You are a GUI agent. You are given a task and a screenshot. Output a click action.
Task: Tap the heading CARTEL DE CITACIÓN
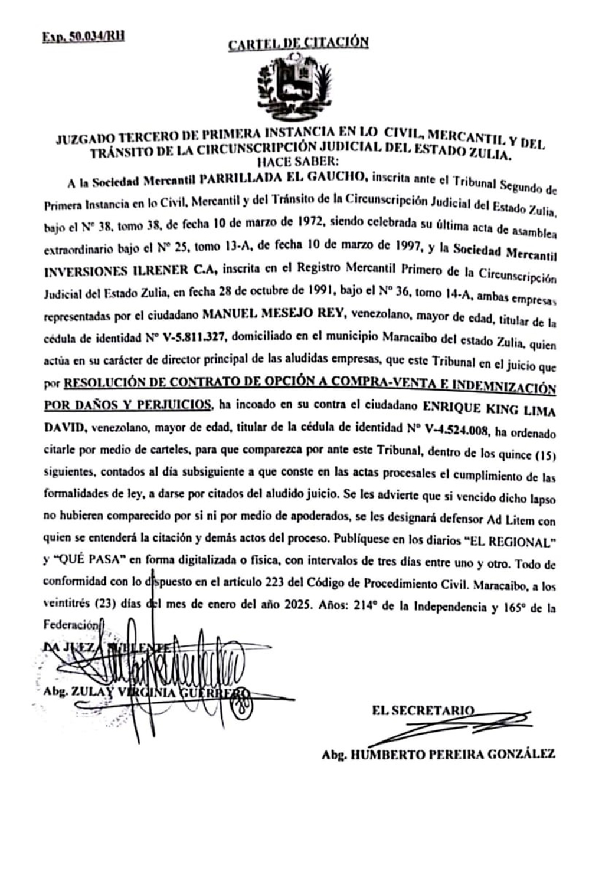tap(298, 43)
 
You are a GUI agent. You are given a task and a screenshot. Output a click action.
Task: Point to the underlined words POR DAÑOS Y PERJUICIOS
tap(128, 405)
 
